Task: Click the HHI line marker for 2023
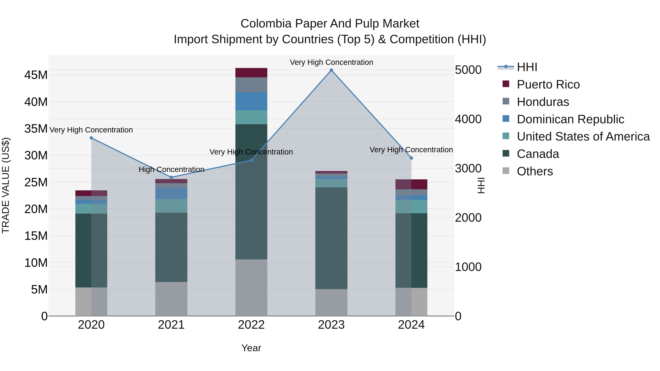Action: [x=331, y=70]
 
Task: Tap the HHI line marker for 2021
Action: [x=171, y=177]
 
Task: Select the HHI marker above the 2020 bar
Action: [x=91, y=138]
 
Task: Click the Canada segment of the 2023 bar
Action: [x=331, y=238]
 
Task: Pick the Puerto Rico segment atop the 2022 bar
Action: [x=251, y=73]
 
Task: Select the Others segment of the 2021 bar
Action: [x=171, y=299]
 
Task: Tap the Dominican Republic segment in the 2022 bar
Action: [x=251, y=101]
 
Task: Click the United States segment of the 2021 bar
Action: [x=171, y=206]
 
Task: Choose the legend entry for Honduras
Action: [x=543, y=102]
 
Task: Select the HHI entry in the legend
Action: [x=527, y=67]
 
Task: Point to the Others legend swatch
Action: [x=506, y=171]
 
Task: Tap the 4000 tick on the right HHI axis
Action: [x=468, y=119]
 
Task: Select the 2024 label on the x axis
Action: [x=411, y=325]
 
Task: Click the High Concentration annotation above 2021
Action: [x=171, y=169]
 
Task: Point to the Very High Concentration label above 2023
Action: [x=331, y=62]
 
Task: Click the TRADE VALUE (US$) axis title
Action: [x=6, y=185]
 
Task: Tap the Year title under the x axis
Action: [x=251, y=348]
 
